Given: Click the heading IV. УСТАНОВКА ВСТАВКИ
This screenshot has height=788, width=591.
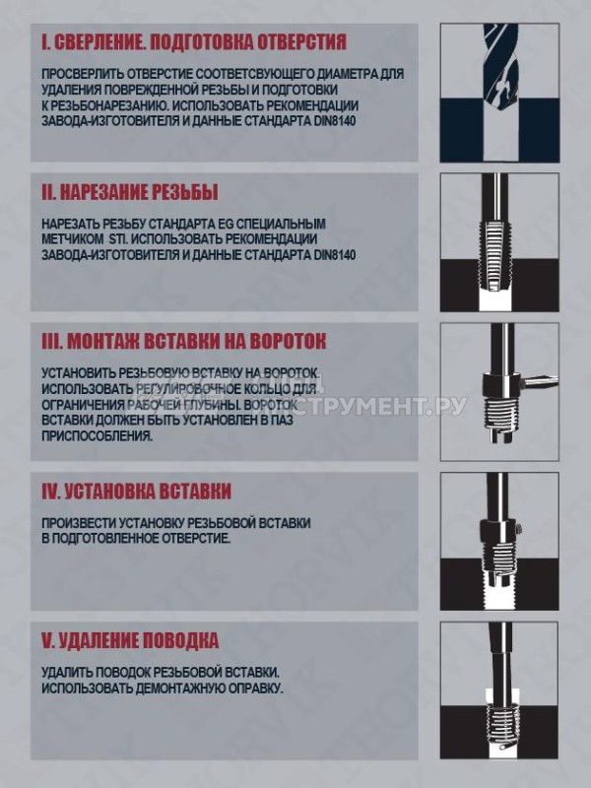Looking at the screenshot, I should (x=137, y=491).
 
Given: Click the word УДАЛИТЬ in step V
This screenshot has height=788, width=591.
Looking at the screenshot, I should (x=67, y=673).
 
